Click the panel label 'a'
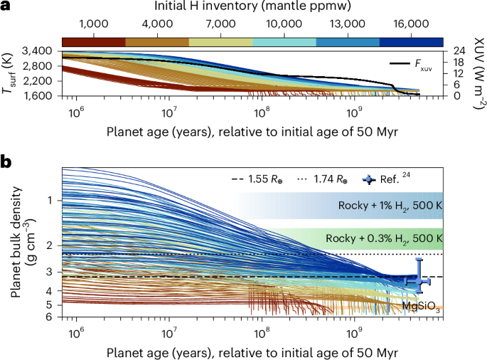tap(5, 7)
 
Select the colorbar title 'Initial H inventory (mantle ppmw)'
tap(252, 7)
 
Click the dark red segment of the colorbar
tap(94, 43)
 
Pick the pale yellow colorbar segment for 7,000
tap(220, 43)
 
